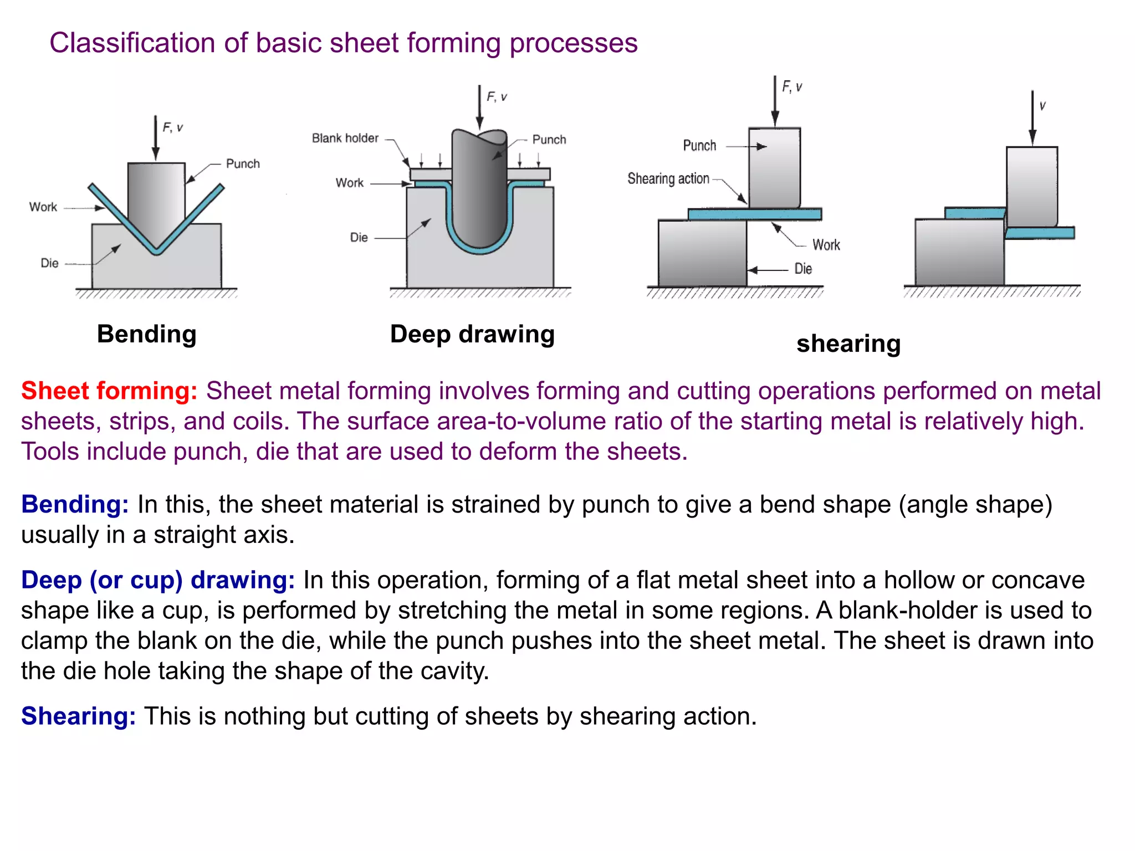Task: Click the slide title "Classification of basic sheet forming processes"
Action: (x=344, y=43)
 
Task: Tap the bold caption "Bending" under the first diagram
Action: (x=147, y=334)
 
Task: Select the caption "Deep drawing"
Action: (x=472, y=334)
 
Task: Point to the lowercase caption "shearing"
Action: (x=848, y=344)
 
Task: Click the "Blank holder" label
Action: (x=345, y=138)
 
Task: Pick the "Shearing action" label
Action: (x=668, y=178)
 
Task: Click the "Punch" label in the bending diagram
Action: (x=243, y=163)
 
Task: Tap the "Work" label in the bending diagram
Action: (x=43, y=207)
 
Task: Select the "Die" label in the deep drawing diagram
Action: (x=359, y=238)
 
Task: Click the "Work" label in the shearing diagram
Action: (x=826, y=245)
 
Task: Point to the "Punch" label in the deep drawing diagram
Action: (x=549, y=140)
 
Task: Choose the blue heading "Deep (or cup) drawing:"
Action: (x=158, y=580)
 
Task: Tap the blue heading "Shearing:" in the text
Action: (x=78, y=716)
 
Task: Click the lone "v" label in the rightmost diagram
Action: (x=1042, y=105)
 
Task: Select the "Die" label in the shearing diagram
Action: (x=803, y=269)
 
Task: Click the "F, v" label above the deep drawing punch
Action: (x=497, y=97)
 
